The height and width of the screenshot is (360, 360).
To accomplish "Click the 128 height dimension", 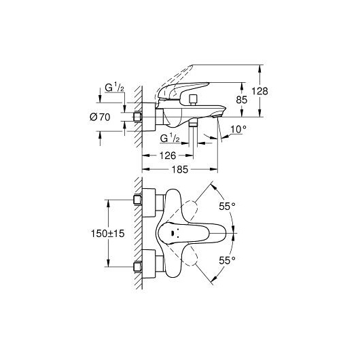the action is pyautogui.click(x=259, y=91).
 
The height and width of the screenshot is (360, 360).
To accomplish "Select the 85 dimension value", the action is pyautogui.click(x=242, y=100).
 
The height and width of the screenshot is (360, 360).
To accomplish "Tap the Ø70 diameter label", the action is pyautogui.click(x=100, y=118).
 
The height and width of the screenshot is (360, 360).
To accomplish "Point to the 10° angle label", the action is pyautogui.click(x=238, y=129).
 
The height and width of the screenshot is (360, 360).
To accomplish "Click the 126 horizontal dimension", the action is pyautogui.click(x=168, y=156).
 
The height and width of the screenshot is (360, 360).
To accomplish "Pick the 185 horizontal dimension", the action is pyautogui.click(x=180, y=169).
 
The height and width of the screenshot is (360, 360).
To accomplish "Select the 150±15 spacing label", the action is pyautogui.click(x=108, y=234).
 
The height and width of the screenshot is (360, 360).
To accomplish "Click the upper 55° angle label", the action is pyautogui.click(x=227, y=206).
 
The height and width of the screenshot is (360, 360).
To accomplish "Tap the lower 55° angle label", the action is pyautogui.click(x=227, y=261).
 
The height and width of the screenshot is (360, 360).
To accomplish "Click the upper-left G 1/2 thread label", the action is pyautogui.click(x=115, y=88).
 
